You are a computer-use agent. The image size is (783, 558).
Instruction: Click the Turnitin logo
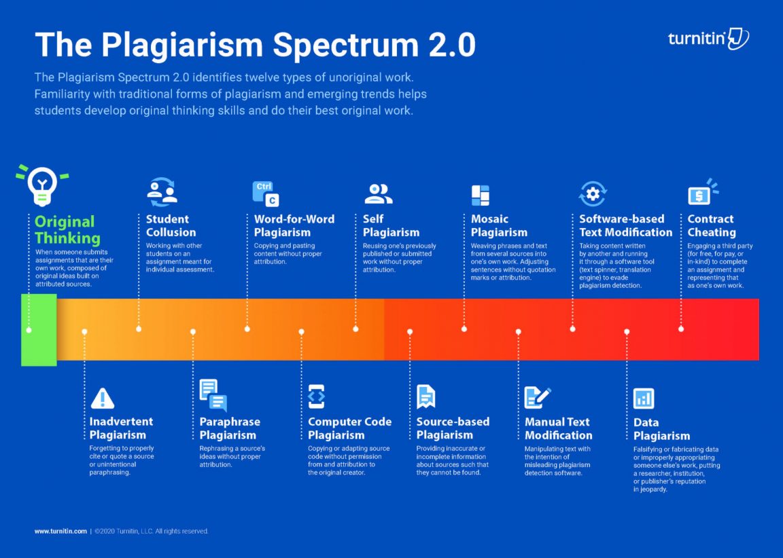point(708,39)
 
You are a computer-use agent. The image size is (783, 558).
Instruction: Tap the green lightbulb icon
point(42,185)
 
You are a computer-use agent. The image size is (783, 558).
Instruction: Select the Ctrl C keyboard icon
point(266,193)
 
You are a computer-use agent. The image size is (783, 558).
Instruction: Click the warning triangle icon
point(103,398)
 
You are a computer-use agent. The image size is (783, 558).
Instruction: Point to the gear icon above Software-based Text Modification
point(593,193)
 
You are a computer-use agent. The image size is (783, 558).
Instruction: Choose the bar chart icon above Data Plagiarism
point(644,398)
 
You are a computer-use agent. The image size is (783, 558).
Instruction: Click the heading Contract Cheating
point(711,225)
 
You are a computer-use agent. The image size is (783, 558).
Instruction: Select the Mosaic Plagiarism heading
point(499,225)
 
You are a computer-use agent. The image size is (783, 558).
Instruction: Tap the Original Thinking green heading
point(67,229)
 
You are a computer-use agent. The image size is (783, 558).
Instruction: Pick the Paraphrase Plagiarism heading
point(230,428)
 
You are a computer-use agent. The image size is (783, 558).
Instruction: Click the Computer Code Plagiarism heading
point(349,428)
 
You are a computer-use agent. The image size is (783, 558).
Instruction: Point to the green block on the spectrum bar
point(39,330)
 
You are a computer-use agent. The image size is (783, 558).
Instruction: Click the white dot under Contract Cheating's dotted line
point(681,329)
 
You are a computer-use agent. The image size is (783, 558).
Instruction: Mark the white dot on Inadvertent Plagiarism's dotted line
point(84,331)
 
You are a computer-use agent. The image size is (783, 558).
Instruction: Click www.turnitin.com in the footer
point(60,531)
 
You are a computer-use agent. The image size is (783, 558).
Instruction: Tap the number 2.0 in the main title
point(452,45)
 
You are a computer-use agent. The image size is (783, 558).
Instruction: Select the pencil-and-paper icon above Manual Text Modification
point(538,398)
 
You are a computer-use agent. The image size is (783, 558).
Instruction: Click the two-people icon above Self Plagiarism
point(378,193)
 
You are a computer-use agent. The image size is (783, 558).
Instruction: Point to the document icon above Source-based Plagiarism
point(426,397)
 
